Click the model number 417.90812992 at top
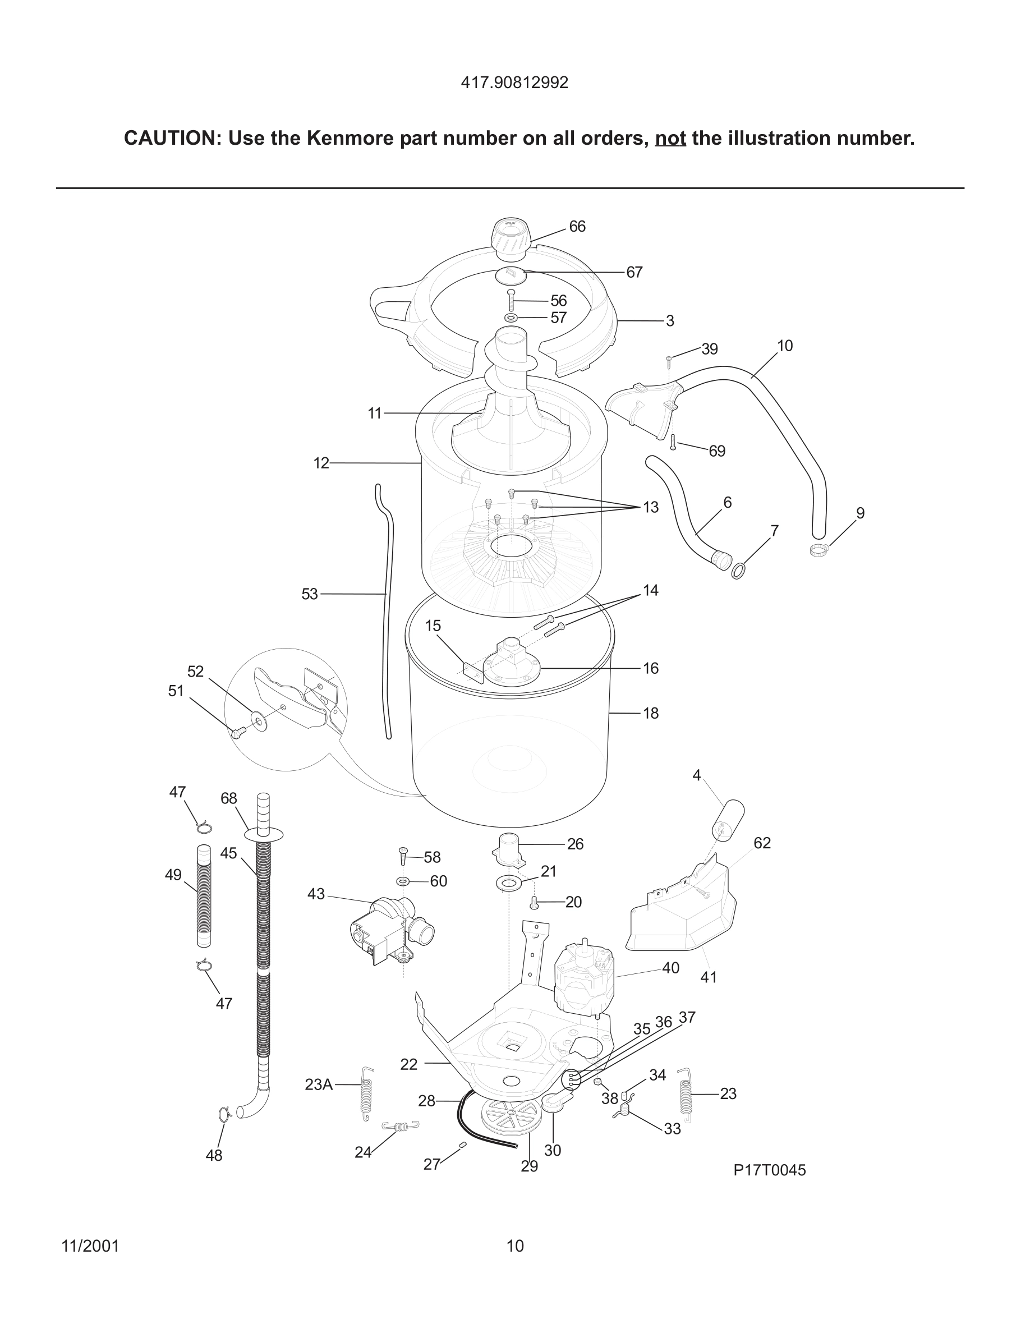[x=514, y=82]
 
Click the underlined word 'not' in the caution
[x=670, y=139]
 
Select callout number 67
[x=634, y=272]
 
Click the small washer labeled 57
[x=511, y=318]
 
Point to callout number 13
[x=650, y=507]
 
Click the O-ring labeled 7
[x=738, y=571]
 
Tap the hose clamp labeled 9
[x=817, y=551]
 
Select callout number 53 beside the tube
[x=309, y=594]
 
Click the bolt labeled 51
[x=237, y=732]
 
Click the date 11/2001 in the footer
[x=90, y=1245]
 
